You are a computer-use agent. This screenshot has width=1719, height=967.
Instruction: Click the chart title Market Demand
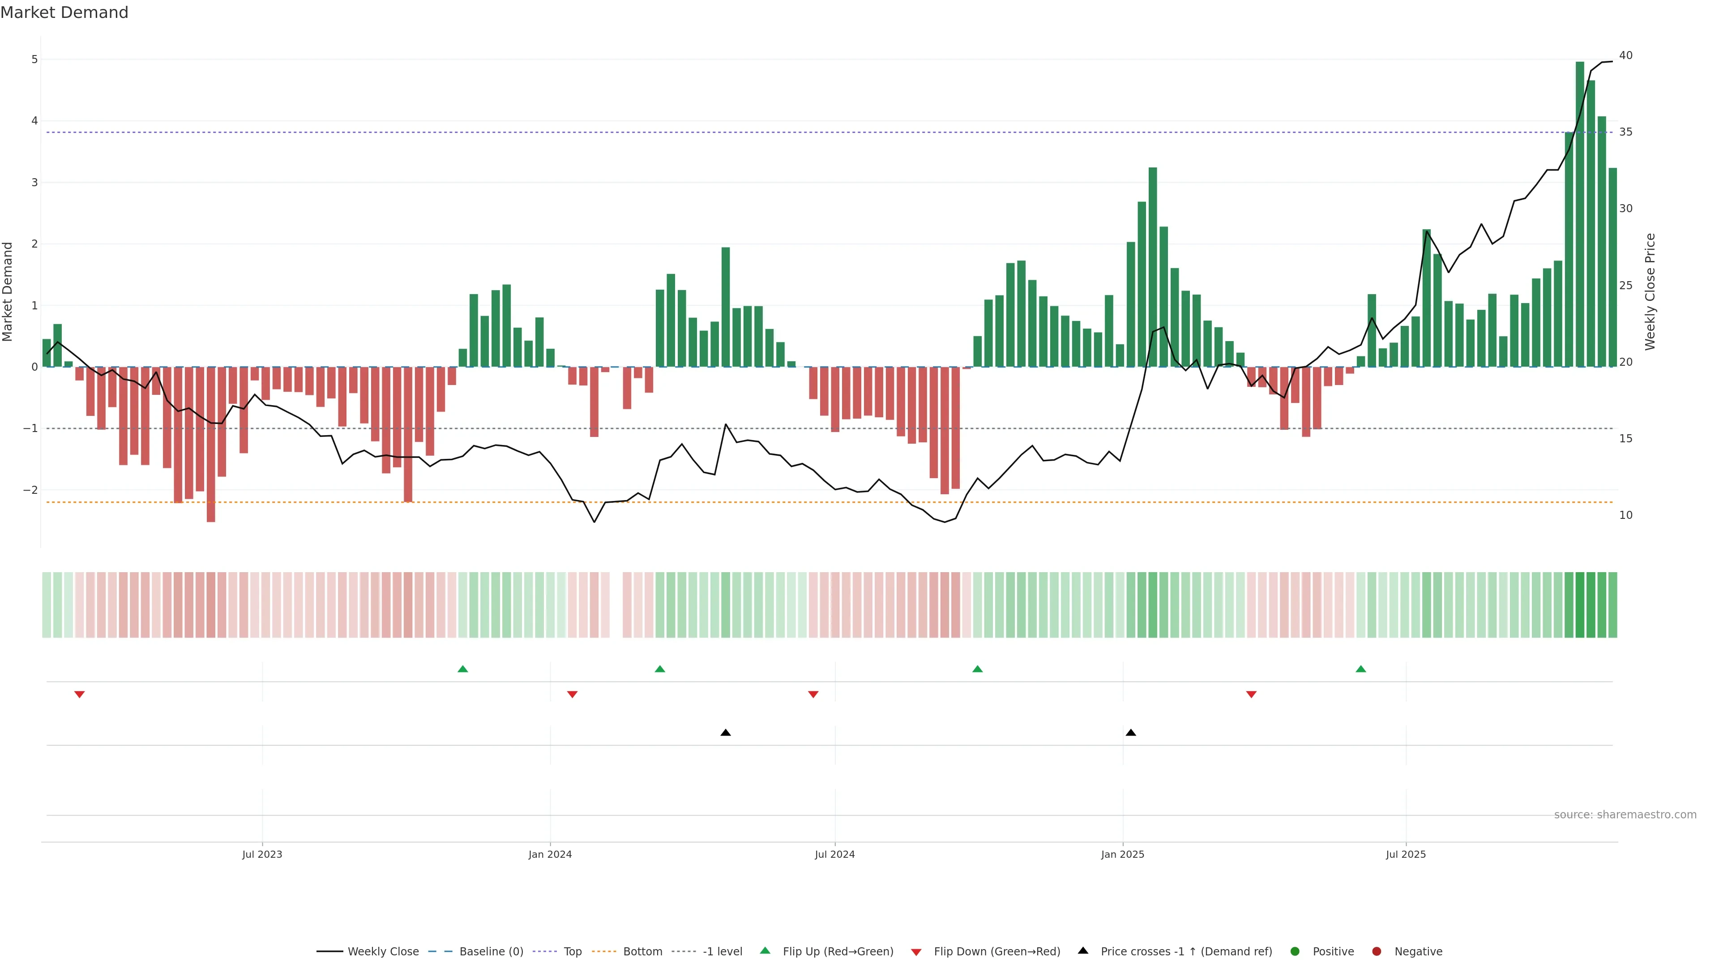point(64,13)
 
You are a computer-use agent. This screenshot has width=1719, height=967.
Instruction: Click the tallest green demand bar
point(1579,214)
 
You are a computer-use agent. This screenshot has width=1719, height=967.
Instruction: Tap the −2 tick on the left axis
point(31,490)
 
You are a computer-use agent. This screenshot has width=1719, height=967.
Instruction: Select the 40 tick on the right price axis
point(1625,56)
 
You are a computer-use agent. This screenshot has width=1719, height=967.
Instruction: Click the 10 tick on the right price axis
point(1625,515)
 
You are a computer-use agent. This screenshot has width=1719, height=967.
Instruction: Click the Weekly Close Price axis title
point(1650,291)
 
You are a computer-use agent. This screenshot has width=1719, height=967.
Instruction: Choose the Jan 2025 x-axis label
point(1122,854)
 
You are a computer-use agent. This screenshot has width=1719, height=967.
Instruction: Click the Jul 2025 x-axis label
point(1405,854)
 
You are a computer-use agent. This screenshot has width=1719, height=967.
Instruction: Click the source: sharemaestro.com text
point(1625,815)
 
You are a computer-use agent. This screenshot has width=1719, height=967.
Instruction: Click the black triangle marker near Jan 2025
point(1130,733)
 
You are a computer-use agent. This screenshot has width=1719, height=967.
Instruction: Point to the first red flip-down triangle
point(79,695)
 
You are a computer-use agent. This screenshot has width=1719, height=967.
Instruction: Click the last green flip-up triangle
point(1361,669)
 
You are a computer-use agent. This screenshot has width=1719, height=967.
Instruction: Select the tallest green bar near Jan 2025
point(1152,267)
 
